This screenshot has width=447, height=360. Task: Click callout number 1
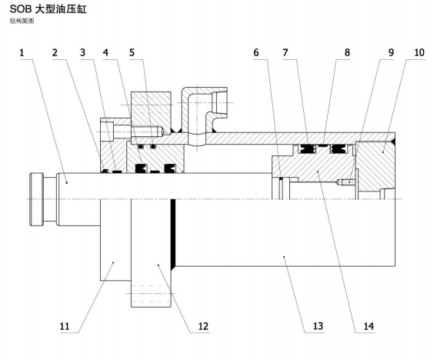point(22,53)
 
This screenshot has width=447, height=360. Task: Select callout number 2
point(55,53)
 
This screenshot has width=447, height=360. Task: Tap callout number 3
point(82,53)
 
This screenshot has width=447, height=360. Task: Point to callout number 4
point(105,53)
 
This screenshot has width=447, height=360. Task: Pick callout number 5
point(132,53)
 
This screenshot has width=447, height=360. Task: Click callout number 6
point(256,53)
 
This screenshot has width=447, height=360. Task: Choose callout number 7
point(285,53)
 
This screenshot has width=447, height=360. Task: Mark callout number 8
point(347,53)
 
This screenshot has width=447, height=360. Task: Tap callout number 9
point(391,53)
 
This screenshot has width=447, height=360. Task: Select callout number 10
point(419,53)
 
